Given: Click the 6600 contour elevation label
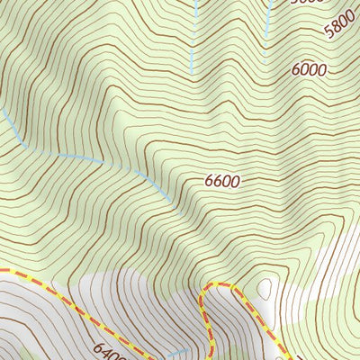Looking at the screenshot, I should tap(222, 181).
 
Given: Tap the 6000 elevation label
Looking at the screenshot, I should tap(309, 69).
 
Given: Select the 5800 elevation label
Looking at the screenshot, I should tap(342, 27).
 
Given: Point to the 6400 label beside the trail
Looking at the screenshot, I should tap(107, 345).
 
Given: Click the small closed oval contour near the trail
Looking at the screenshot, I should tap(265, 289).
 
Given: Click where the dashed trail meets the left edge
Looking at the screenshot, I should tap(2, 269).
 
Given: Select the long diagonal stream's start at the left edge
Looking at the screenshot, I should tap(2, 111).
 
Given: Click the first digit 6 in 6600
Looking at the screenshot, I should tap(209, 181).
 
